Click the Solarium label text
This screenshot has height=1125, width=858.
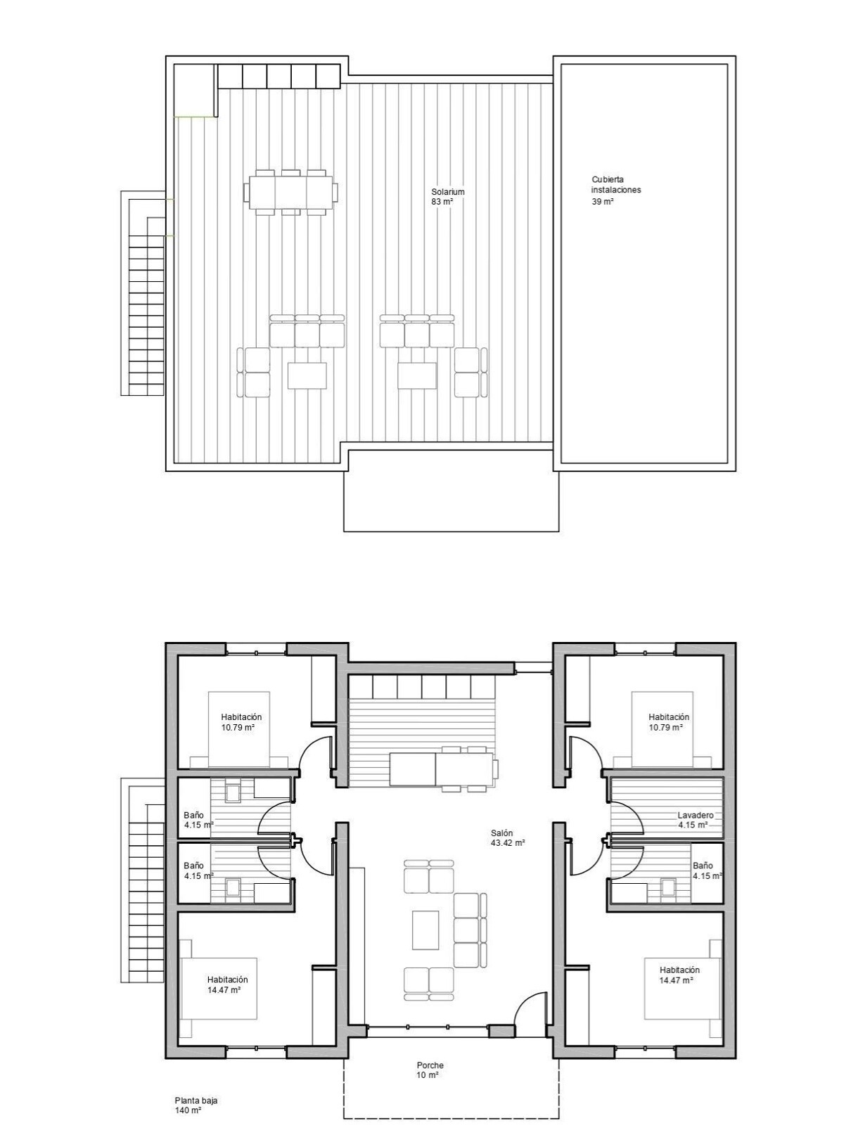point(448,192)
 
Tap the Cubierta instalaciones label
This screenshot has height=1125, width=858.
point(615,185)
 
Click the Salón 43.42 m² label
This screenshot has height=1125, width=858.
point(508,837)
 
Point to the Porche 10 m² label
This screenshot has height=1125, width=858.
point(430,1070)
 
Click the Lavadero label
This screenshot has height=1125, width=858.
point(695,816)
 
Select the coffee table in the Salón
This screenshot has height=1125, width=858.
point(425,930)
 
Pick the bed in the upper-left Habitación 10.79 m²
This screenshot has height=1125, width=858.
point(238,729)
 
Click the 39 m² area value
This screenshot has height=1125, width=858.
point(603,201)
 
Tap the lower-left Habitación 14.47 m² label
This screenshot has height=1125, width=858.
point(226,984)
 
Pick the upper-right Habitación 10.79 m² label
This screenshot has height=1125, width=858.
point(668,722)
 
